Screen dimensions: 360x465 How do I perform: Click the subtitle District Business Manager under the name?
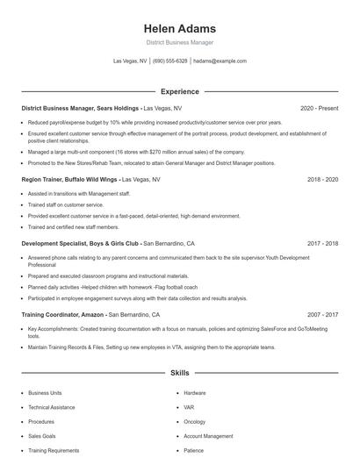[179, 42]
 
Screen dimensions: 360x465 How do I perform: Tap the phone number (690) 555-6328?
[169, 61]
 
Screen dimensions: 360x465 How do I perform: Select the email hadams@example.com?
[220, 61]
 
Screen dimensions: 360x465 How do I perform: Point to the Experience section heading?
[179, 91]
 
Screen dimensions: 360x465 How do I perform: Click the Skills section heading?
[179, 373]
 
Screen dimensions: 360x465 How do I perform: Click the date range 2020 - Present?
[319, 108]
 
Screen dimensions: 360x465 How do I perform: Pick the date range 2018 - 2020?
[322, 179]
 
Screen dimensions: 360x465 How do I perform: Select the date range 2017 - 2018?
[322, 243]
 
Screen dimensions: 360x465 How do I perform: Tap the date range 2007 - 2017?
[322, 313]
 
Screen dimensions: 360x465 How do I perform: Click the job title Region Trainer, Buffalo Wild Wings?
[70, 179]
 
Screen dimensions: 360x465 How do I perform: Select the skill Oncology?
[196, 421]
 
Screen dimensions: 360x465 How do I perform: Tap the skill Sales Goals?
[43, 435]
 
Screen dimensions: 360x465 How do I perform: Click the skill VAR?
[189, 407]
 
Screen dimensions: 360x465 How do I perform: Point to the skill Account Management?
[208, 435]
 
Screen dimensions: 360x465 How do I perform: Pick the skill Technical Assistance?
[52, 407]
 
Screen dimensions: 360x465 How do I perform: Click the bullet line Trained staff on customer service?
[67, 204]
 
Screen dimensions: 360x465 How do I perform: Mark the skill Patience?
[195, 450]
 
